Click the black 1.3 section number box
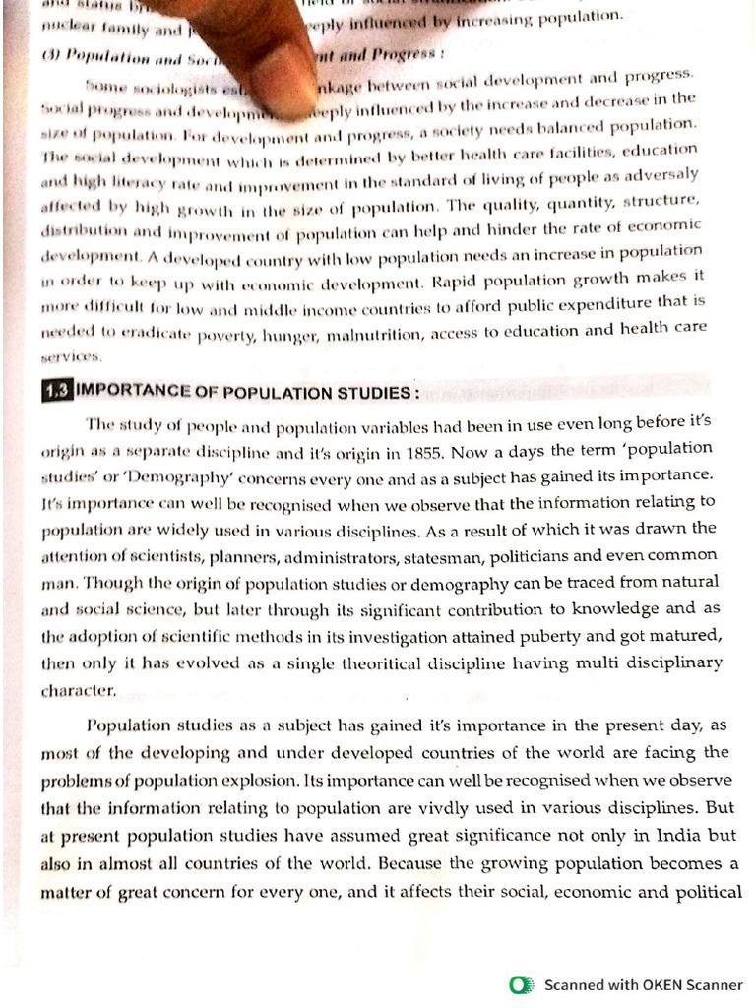pos(57,391)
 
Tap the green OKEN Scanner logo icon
pos(521,984)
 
